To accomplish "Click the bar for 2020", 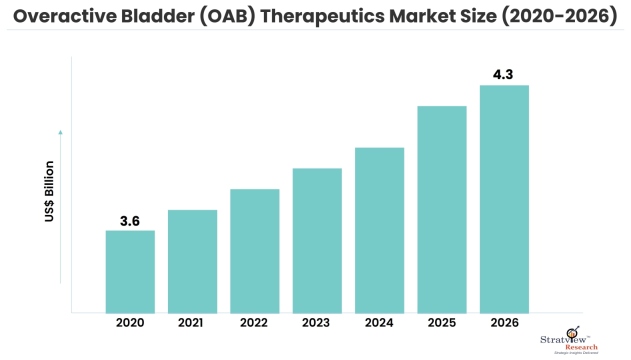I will [130, 271].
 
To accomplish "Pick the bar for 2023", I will [317, 240].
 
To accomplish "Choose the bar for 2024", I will [379, 230].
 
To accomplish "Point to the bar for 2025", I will [442, 209].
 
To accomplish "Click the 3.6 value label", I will [130, 219].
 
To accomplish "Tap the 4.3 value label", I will [504, 73].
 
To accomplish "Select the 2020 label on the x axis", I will [130, 325].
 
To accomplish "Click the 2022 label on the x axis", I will [254, 325].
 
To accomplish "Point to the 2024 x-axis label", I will [379, 325].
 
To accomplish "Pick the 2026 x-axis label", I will [504, 325].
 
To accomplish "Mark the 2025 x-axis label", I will [442, 325].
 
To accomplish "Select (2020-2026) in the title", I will [559, 17].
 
